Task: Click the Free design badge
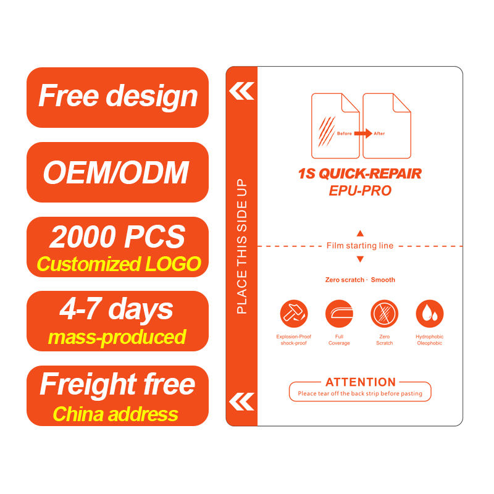117,97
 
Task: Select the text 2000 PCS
117,237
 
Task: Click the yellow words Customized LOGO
119,264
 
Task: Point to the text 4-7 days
117,309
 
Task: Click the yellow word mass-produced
117,337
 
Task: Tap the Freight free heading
117,384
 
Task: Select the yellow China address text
116,413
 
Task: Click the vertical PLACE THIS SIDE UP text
241,246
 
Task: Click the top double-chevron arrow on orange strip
241,91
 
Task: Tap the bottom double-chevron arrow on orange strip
241,401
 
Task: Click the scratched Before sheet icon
335,125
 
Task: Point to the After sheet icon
387,125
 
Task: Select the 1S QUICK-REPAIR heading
360,174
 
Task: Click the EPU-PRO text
360,191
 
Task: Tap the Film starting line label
360,246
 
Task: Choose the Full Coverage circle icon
339,313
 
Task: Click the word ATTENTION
361,382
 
